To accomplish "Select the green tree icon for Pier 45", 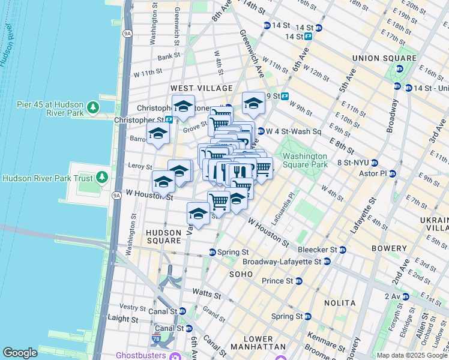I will click(92, 107).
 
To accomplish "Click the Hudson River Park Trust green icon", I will click(102, 178).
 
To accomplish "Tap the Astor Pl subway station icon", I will click(393, 173).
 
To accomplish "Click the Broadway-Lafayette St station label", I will click(282, 262).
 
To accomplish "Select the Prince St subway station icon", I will click(298, 281).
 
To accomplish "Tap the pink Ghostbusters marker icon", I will click(175, 356).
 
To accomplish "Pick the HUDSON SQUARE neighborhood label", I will click(163, 236).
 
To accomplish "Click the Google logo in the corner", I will click(20, 353).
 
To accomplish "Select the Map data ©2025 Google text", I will click(411, 355).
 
